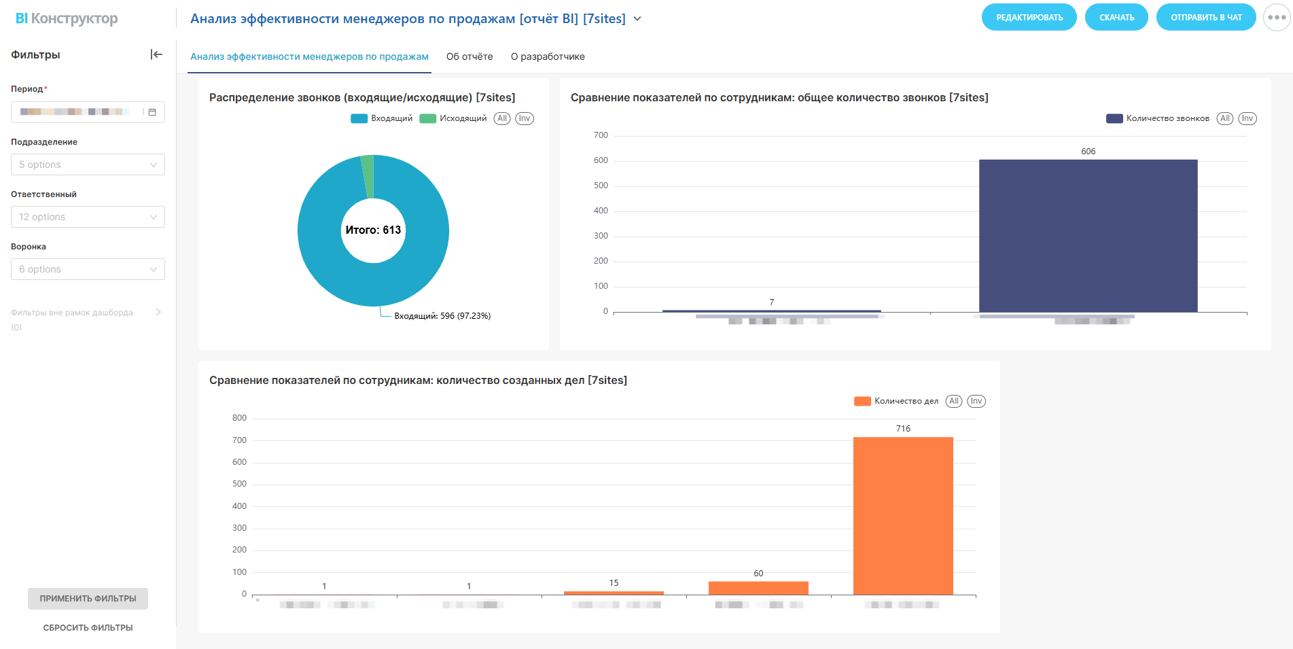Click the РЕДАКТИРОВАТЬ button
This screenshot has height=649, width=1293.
pyautogui.click(x=1029, y=18)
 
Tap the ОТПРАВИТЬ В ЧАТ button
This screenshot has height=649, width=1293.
pyautogui.click(x=1205, y=18)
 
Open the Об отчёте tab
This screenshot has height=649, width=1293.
pyautogui.click(x=470, y=57)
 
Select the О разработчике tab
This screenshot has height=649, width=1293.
pyautogui.click(x=548, y=57)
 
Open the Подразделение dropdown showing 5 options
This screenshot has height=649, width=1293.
pyautogui.click(x=88, y=164)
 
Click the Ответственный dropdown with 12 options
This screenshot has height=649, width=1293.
pyautogui.click(x=88, y=217)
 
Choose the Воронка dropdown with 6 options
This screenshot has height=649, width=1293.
pyautogui.click(x=88, y=269)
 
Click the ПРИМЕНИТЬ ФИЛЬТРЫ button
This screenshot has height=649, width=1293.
pyautogui.click(x=88, y=599)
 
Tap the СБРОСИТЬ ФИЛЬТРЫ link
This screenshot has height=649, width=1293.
pyautogui.click(x=88, y=628)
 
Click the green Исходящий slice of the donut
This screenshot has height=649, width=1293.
pyautogui.click(x=368, y=176)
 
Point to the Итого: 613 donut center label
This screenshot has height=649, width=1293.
pyautogui.click(x=373, y=230)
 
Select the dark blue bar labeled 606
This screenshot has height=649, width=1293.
pyautogui.click(x=1088, y=236)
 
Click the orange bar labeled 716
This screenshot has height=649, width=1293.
pyautogui.click(x=903, y=516)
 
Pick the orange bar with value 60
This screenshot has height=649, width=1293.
pyautogui.click(x=758, y=588)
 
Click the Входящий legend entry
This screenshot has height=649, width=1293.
pyautogui.click(x=382, y=118)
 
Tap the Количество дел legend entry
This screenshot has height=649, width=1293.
pyautogui.click(x=896, y=401)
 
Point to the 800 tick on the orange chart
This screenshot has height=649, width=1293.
pyautogui.click(x=239, y=418)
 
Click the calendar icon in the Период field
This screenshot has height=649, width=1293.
pyautogui.click(x=152, y=112)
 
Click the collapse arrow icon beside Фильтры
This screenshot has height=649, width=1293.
pyautogui.click(x=156, y=54)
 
